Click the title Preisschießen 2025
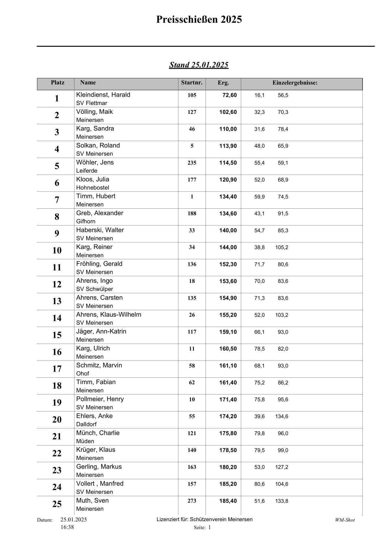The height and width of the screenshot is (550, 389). tap(199, 20)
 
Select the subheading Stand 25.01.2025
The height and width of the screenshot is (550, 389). tap(199, 65)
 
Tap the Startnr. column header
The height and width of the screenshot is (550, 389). tap(192, 83)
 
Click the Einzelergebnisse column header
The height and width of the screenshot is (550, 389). tap(295, 83)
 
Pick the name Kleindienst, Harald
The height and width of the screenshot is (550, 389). tap(103, 95)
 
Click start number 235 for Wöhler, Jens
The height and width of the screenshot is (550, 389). tap(192, 163)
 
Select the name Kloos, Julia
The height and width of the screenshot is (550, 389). tap(93, 179)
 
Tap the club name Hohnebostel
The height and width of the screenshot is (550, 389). tap(93, 188)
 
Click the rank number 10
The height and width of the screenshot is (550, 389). tap(57, 251)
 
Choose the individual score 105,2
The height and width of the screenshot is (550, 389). tap(282, 247)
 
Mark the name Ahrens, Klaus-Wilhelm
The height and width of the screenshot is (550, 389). tap(109, 314)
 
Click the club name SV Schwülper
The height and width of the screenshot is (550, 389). tap(95, 289)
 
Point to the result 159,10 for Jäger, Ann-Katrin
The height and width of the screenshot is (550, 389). tap(228, 332)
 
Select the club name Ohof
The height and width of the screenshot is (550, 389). tap(83, 373)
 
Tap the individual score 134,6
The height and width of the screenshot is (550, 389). tap(282, 416)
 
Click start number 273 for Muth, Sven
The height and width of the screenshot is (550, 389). tap(192, 501)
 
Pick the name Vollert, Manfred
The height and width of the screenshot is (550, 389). tap(100, 483)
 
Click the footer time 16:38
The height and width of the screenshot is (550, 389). tap(67, 527)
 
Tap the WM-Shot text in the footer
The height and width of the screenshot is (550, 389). tap(345, 520)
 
